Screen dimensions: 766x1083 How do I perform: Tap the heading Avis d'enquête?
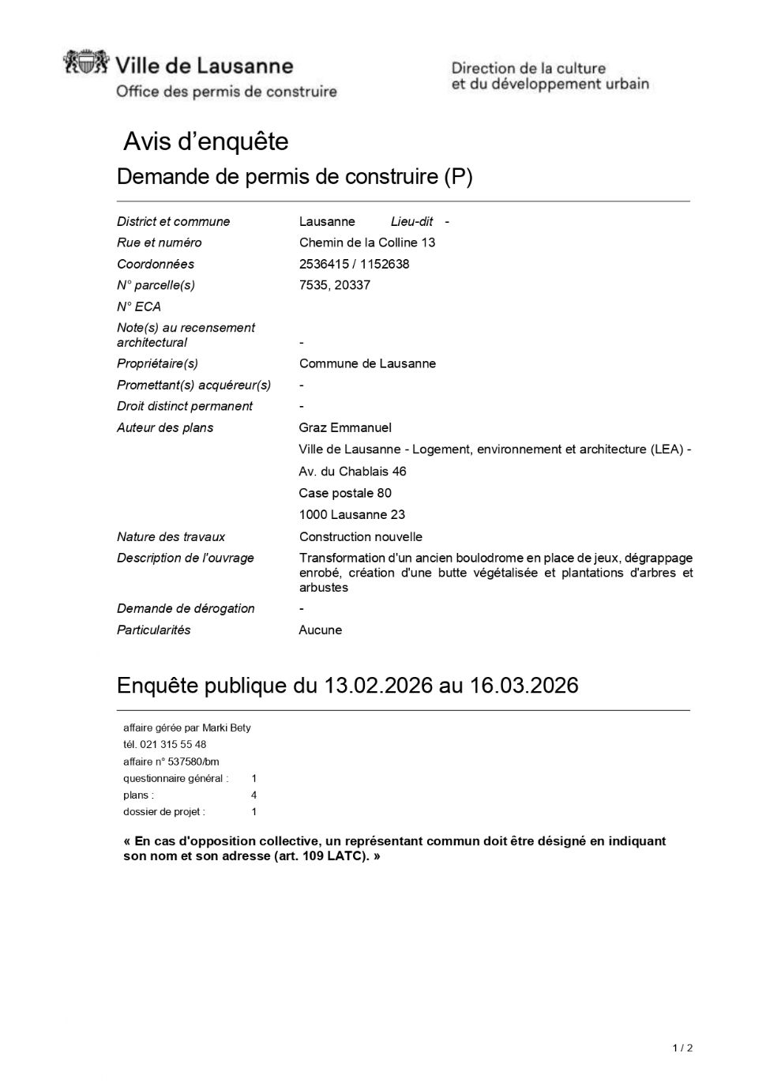(x=206, y=142)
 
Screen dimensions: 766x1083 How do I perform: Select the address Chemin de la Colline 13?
(x=367, y=243)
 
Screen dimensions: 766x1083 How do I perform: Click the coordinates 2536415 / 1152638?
(x=354, y=264)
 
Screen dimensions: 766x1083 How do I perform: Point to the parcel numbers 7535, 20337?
(x=334, y=285)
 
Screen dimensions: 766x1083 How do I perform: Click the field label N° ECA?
(x=139, y=306)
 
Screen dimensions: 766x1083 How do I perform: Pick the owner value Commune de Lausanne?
(x=367, y=363)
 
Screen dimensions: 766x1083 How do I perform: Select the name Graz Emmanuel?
(x=345, y=427)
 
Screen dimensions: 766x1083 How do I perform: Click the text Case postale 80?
(x=345, y=493)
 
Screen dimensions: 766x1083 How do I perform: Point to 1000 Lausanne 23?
(x=351, y=514)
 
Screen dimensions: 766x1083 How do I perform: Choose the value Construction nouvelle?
(x=360, y=536)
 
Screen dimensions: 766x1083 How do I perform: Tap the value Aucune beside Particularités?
(x=321, y=630)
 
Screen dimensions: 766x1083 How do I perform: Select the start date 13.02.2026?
(x=378, y=686)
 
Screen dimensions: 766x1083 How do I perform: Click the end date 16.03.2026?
(x=524, y=686)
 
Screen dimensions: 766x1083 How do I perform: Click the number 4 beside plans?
(x=253, y=795)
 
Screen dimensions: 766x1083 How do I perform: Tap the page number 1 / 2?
(x=682, y=1048)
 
